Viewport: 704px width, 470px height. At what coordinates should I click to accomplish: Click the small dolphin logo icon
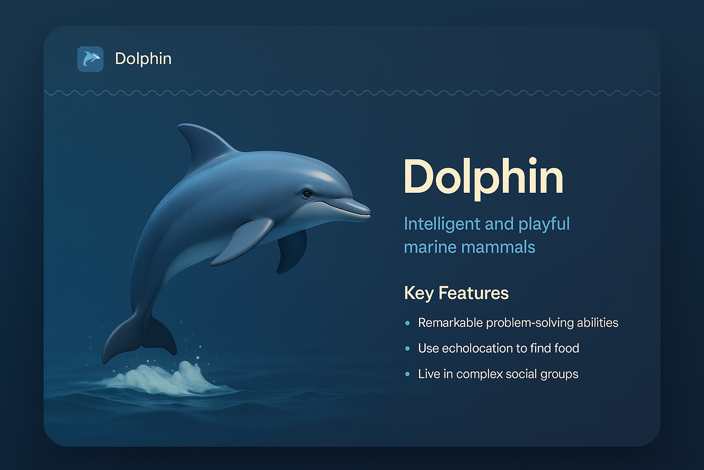[x=90, y=59]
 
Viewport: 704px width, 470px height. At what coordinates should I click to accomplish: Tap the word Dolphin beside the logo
[x=143, y=59]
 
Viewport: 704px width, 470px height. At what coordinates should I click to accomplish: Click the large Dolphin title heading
[x=483, y=177]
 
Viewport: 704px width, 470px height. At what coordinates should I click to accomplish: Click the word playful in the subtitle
[x=544, y=224]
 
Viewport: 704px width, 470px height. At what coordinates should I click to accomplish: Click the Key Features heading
[x=456, y=293]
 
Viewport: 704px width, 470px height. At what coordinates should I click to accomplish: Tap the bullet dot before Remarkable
[x=407, y=323]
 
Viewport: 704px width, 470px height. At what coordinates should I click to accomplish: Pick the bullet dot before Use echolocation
[x=407, y=349]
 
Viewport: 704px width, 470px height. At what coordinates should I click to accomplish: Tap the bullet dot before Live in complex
[x=407, y=375]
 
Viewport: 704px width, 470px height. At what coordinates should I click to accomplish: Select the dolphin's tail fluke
[x=137, y=335]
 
